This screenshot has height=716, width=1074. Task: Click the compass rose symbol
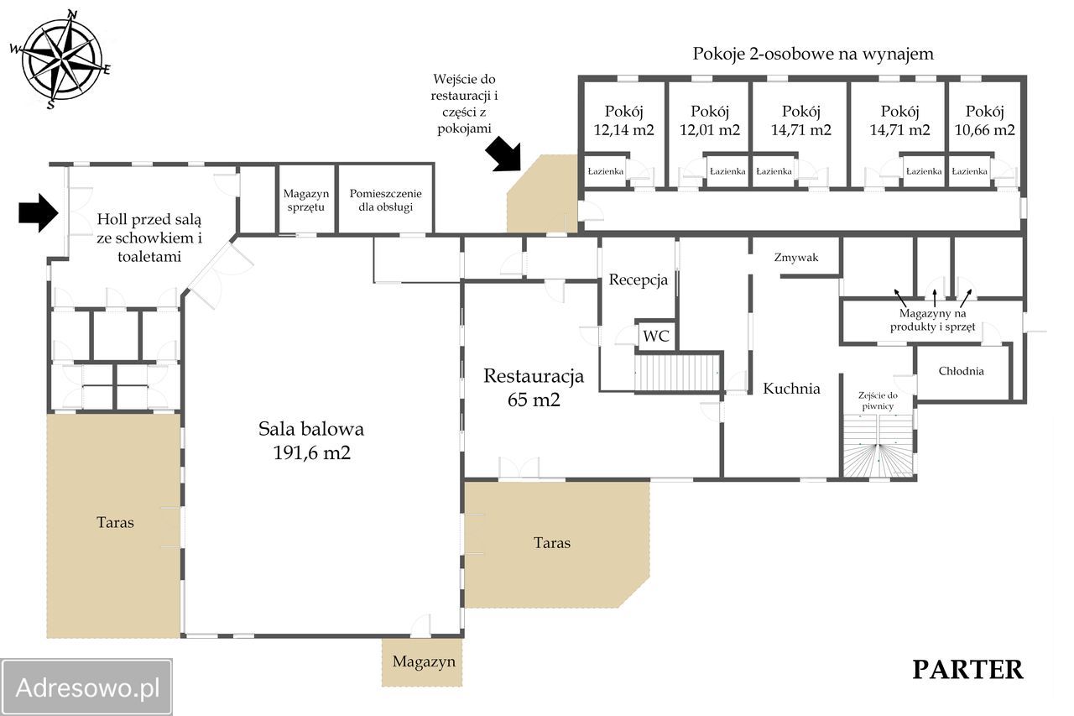click(61, 60)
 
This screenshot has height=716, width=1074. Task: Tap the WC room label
click(655, 336)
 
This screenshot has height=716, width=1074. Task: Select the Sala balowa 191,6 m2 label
click(311, 440)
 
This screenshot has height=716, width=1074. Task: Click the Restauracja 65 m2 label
click(534, 388)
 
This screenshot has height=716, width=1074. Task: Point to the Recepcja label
click(639, 280)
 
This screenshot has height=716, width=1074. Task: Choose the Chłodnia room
click(962, 372)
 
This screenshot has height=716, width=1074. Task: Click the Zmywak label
click(796, 258)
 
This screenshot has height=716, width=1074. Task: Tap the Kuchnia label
click(791, 388)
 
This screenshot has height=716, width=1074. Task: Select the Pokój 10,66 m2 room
click(984, 117)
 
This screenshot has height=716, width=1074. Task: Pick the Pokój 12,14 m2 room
click(623, 117)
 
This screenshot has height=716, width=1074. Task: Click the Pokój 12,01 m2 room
click(710, 117)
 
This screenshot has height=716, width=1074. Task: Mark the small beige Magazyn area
click(422, 661)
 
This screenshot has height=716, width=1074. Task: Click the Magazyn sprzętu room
click(306, 200)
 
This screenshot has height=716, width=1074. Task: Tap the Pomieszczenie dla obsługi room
click(385, 200)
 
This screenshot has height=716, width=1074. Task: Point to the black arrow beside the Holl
click(39, 212)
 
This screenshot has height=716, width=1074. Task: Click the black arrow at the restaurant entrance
click(503, 154)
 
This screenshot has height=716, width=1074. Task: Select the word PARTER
click(967, 670)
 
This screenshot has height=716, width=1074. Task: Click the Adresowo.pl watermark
click(86, 688)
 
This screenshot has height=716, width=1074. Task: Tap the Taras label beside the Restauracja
click(552, 543)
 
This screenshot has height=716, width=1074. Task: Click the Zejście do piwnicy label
click(878, 401)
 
